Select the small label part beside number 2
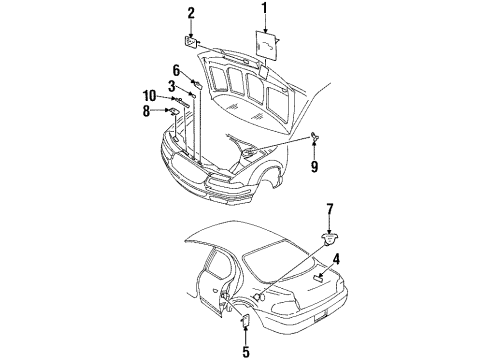[x=191, y=42]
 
